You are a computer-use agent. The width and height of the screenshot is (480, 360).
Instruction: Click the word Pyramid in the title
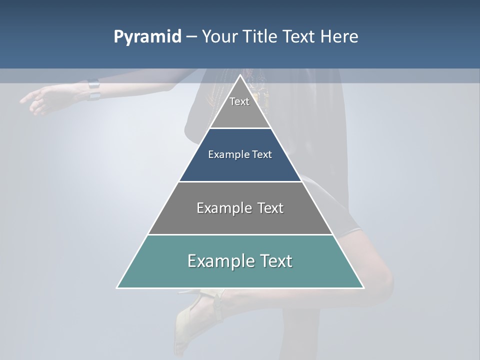click(x=147, y=36)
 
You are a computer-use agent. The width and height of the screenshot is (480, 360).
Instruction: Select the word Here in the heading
click(x=339, y=36)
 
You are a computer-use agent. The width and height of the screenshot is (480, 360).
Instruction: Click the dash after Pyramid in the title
click(x=191, y=37)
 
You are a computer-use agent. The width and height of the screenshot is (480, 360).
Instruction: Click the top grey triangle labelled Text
click(x=240, y=107)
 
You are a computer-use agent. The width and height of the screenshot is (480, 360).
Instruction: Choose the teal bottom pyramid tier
click(x=240, y=267)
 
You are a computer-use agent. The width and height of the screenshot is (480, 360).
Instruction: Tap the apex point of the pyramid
click(x=240, y=75)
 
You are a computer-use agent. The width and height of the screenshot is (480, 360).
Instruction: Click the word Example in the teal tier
click(x=218, y=261)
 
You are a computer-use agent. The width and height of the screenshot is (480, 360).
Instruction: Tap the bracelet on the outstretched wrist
click(x=93, y=89)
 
